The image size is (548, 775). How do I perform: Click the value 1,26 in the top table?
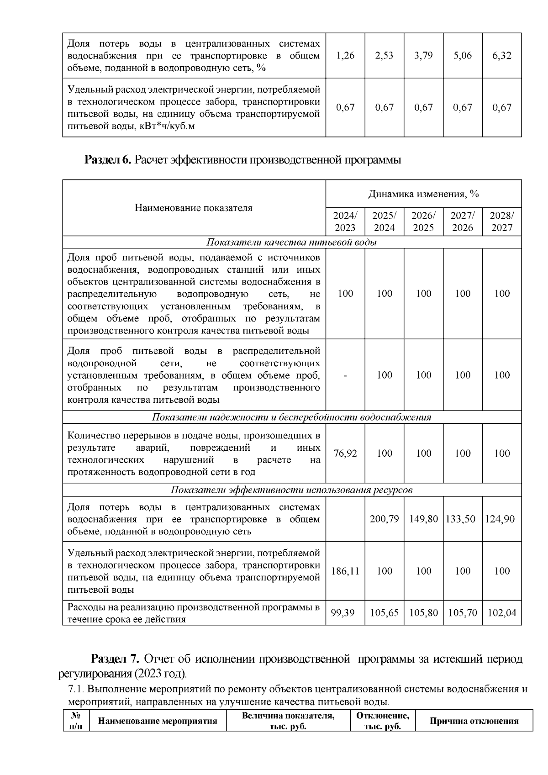click(345, 56)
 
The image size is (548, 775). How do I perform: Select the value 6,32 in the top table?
click(502, 56)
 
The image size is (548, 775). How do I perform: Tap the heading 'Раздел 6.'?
click(108, 160)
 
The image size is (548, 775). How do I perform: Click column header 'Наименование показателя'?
click(194, 208)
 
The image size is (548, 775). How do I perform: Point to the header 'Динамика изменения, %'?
click(423, 194)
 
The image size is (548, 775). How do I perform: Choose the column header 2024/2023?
click(345, 221)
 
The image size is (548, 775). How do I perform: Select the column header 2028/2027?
click(502, 221)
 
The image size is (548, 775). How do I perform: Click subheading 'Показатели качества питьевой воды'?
click(292, 242)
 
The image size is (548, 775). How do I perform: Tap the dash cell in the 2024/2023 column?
click(345, 375)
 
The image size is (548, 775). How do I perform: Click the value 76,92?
click(345, 453)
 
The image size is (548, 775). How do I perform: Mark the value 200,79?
click(384, 519)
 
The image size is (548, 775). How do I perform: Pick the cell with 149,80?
click(423, 519)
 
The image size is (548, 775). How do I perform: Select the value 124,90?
click(502, 519)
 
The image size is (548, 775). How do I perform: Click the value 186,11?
click(345, 571)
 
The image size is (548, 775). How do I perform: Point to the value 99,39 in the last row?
click(345, 613)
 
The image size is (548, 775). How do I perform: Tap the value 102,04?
click(502, 613)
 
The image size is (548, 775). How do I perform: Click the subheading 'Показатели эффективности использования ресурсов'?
click(292, 490)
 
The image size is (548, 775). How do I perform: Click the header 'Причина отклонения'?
click(474, 721)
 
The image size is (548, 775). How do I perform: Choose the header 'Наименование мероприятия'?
click(158, 721)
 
